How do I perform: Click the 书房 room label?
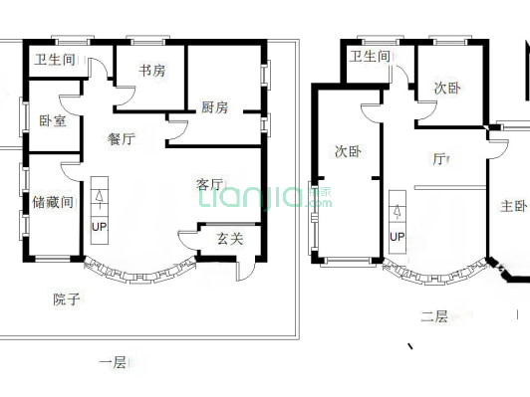[151, 71]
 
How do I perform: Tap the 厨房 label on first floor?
[214, 107]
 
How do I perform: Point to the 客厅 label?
[209, 184]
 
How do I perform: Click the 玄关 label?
[230, 238]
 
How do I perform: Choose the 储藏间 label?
[53, 202]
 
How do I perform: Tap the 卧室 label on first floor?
[53, 120]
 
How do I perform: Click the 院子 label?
[67, 298]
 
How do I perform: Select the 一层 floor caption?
[113, 363]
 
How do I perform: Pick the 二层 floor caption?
[433, 316]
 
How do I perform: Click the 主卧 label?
[513, 207]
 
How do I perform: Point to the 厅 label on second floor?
[438, 158]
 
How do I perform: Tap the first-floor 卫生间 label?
[55, 60]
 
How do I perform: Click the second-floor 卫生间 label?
[370, 57]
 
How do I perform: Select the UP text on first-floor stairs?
[99, 227]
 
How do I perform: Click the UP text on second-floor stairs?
[397, 237]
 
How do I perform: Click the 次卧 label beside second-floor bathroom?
[447, 89]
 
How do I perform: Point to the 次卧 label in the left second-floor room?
[347, 152]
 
